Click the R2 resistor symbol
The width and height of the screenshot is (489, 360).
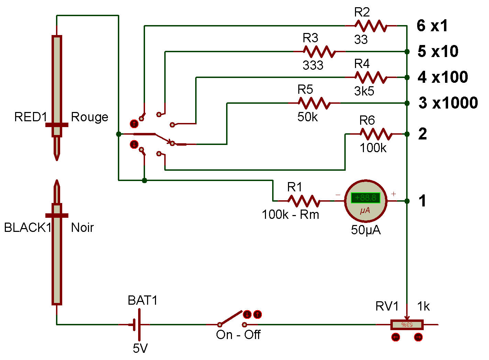point(370,26)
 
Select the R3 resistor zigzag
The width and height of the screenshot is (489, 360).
point(319,52)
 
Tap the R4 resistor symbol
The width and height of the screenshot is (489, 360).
point(370,77)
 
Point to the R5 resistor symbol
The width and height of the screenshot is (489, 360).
point(314,103)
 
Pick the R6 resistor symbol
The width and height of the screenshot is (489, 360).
point(376,134)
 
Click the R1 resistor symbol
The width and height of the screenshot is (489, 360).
point(304,201)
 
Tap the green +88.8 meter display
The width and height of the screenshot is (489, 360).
point(365,198)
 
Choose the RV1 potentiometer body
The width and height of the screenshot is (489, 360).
point(407,325)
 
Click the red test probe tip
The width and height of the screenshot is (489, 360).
point(57,151)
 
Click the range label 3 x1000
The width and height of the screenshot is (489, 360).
point(448,103)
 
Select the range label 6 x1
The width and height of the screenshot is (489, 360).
point(432,26)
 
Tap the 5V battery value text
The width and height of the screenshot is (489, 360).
point(140,348)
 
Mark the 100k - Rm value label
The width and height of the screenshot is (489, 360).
point(290,215)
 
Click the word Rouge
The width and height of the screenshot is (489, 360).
point(89,117)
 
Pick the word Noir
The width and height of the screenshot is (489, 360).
point(82,227)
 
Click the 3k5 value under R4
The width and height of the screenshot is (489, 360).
point(364,91)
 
